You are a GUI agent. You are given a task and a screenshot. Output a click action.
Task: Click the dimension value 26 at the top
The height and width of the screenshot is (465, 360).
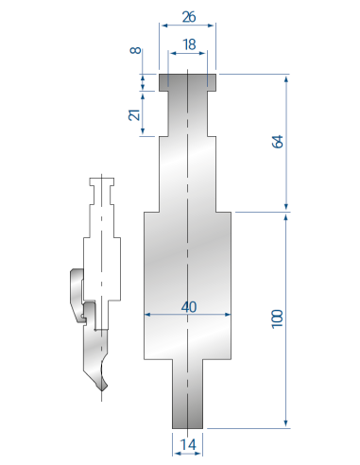189,17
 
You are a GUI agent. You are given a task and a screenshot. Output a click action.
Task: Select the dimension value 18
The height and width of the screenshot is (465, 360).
189,44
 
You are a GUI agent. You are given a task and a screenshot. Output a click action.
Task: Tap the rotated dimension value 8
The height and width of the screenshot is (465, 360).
136,50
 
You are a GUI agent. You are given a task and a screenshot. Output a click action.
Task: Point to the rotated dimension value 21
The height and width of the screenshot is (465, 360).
134,114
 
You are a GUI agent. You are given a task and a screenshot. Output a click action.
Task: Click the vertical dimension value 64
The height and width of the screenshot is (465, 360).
278,142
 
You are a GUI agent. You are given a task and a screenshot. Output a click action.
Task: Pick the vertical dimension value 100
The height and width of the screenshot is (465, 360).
278,319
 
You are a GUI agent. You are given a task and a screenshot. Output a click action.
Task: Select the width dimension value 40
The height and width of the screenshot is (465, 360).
189,306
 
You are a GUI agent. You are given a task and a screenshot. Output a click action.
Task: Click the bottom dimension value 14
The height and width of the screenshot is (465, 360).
188,444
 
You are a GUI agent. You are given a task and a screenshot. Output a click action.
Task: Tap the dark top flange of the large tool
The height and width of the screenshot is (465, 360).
187,82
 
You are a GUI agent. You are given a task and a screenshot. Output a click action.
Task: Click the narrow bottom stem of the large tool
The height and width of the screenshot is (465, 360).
187,394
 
